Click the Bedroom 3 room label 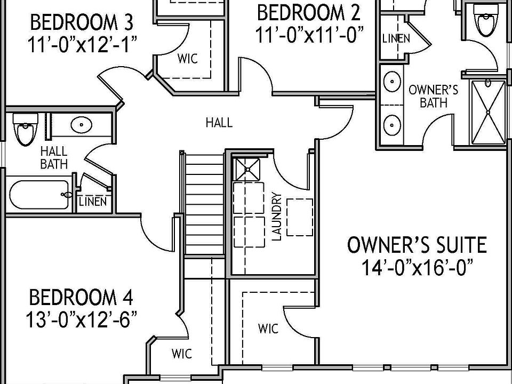point(81,23)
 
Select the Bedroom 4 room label point(81,297)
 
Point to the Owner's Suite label point(417,245)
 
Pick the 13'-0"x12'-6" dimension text point(81,319)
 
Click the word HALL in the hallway point(219,123)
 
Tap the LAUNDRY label point(276,216)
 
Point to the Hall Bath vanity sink point(81,126)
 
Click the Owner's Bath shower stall point(488,111)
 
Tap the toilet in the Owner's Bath point(486,21)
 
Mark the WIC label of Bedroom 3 point(187,58)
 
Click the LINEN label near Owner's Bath point(396,38)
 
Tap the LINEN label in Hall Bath point(93,202)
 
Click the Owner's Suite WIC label point(268,329)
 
